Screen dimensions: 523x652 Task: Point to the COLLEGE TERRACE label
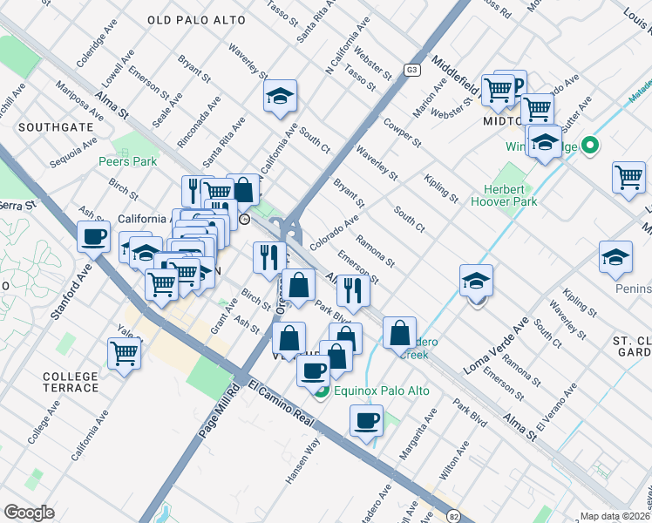point(71,382)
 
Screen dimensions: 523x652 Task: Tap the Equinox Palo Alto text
point(381,391)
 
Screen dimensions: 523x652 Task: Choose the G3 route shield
point(412,70)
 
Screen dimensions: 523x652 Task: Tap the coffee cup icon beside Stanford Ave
point(94,235)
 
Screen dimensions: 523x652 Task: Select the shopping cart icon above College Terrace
point(125,353)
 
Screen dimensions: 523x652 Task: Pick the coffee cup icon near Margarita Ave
point(366,421)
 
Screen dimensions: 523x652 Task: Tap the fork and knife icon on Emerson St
point(353,290)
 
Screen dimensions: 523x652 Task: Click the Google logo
point(30,513)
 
